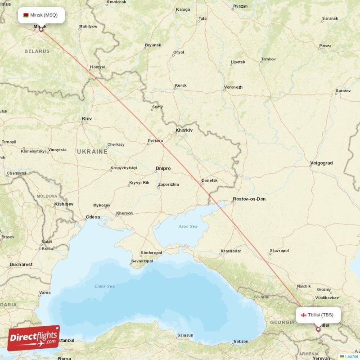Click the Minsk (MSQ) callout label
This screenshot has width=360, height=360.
point(41,15)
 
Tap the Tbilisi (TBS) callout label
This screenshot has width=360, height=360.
point(318,315)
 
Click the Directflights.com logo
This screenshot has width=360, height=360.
point(33,337)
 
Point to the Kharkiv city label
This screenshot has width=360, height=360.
point(184,130)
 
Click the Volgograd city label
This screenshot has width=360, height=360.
point(321,163)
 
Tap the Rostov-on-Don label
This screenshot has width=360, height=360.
point(249,199)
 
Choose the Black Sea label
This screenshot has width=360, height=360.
point(104,286)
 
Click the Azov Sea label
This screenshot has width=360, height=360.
point(188,226)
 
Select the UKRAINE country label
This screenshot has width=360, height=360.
point(92,152)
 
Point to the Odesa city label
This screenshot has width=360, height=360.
point(93,217)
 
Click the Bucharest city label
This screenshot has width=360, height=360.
point(21,265)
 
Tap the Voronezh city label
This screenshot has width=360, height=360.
point(233,87)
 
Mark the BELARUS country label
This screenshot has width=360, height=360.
point(37,51)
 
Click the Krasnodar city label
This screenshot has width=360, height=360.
point(231,251)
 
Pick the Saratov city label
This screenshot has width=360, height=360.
point(343,91)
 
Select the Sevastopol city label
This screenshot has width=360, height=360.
point(142,261)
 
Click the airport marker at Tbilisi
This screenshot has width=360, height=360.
point(318,329)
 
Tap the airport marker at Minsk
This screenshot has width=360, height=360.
point(41,30)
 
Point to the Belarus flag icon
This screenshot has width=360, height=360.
point(26,15)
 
